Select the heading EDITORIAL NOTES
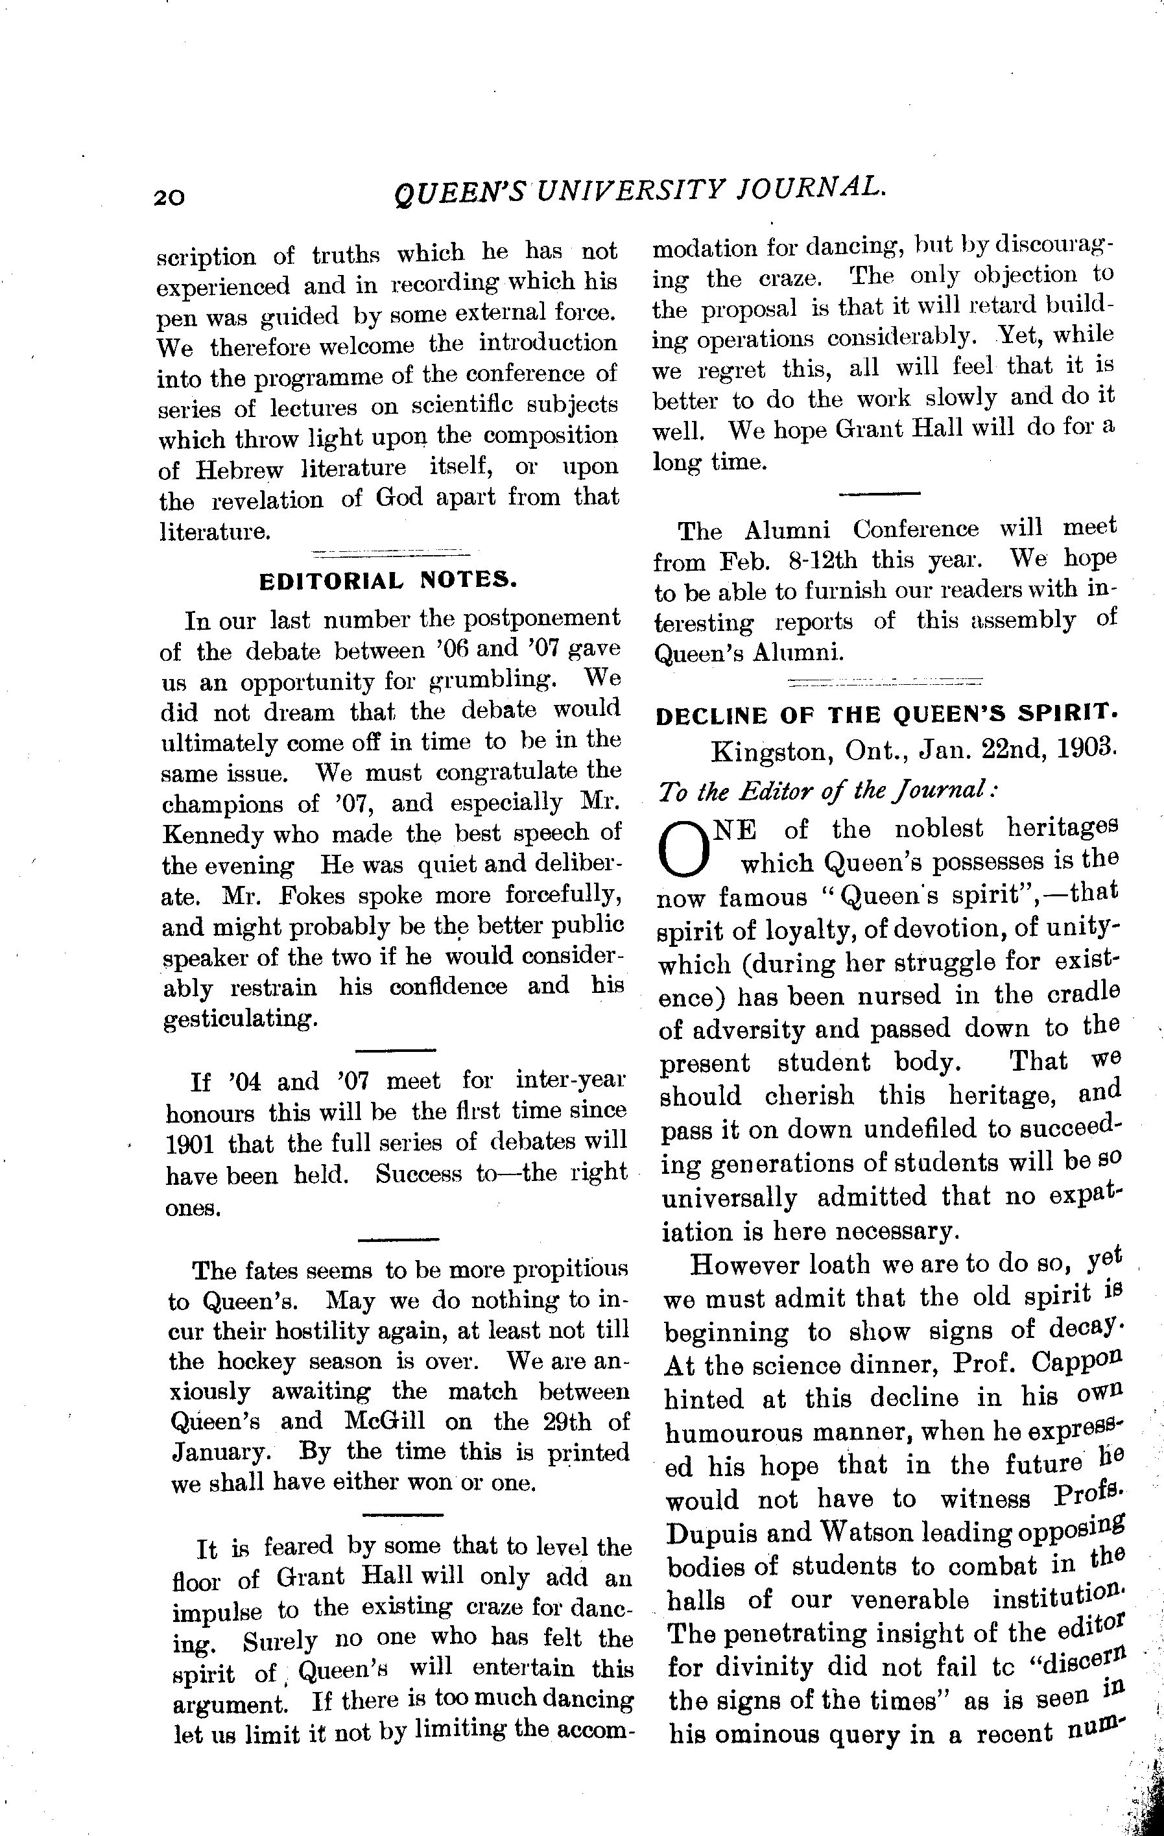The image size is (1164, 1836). (388, 582)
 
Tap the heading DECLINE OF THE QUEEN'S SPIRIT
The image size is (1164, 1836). (887, 715)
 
